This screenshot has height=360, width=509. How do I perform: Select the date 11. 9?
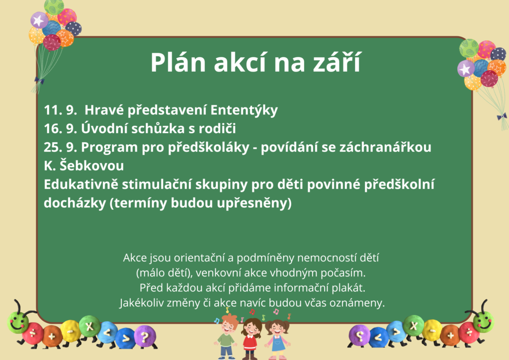(60, 110)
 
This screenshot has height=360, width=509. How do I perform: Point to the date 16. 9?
(60, 129)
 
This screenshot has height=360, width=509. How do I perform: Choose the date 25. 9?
(60, 147)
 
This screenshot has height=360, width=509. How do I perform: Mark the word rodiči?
(217, 128)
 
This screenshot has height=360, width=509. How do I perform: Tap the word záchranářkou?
(385, 147)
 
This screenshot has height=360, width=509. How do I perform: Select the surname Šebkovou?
(91, 165)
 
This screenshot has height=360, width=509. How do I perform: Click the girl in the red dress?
(251, 338)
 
